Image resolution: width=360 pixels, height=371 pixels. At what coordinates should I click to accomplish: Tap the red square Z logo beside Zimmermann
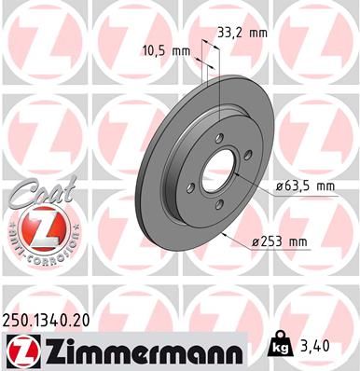[x=18, y=350]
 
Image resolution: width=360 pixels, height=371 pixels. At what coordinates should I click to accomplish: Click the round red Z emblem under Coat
[x=36, y=227]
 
